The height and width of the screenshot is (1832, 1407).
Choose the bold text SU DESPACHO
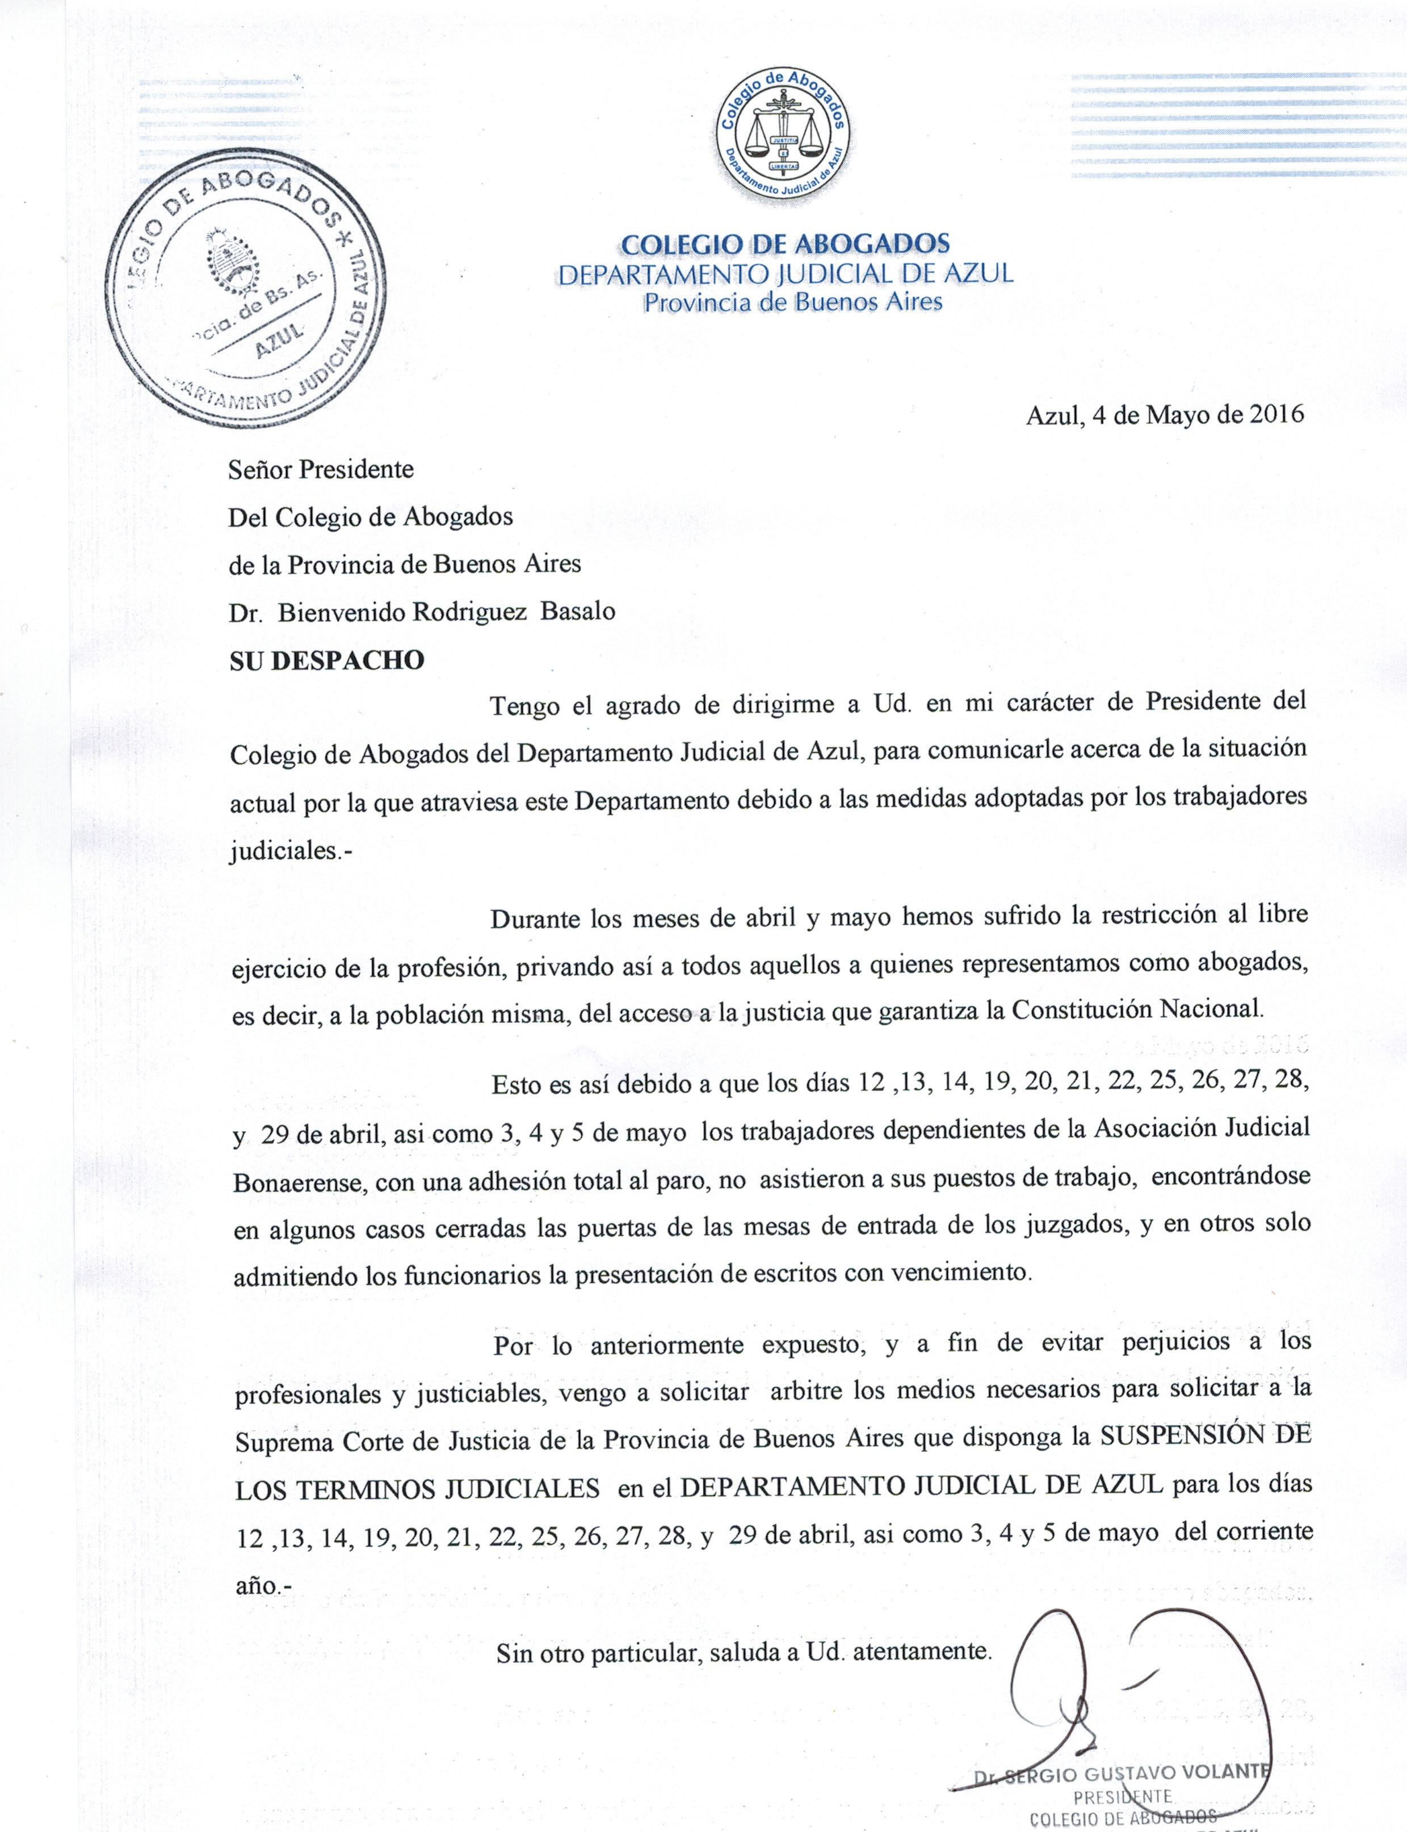click(326, 660)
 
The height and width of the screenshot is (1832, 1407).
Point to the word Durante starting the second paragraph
click(534, 919)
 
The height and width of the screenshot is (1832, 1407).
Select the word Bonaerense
click(298, 1182)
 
